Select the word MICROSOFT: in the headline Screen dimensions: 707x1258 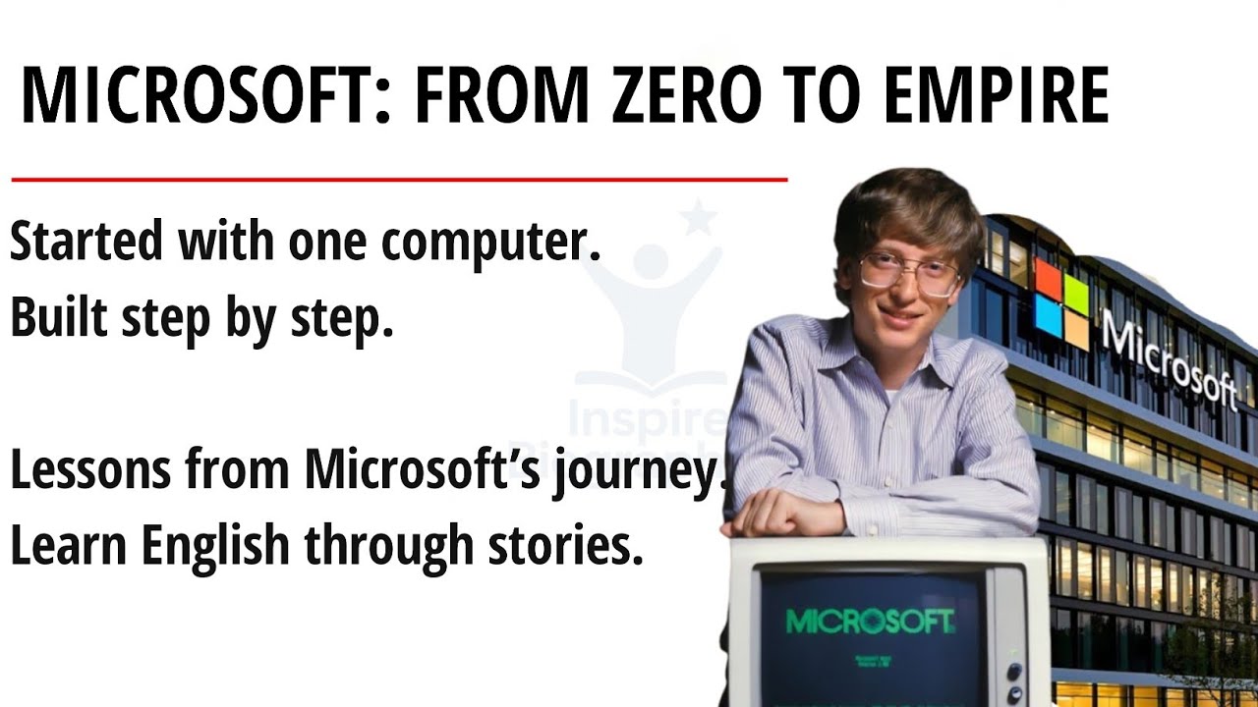(200, 95)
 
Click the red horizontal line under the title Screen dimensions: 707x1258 (399, 180)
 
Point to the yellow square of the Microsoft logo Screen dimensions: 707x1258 (1076, 332)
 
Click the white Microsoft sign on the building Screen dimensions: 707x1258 (1170, 359)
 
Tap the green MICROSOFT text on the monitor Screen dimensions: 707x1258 (870, 621)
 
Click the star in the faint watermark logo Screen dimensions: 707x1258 (698, 218)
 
